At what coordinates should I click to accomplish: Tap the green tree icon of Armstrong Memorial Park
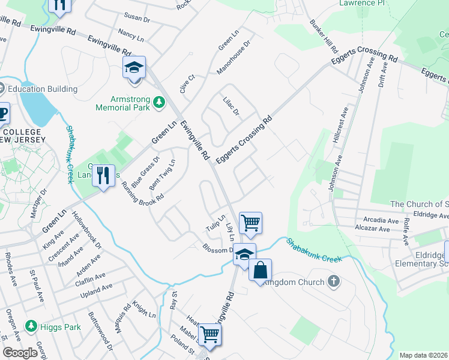point(159,103)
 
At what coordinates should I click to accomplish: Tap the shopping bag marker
point(260,271)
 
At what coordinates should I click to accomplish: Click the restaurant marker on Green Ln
point(103,176)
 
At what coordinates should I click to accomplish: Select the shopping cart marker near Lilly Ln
point(250,223)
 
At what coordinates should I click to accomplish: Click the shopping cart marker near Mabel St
point(209,335)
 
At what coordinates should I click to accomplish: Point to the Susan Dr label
point(136,18)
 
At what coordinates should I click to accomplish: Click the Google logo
point(20,353)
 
